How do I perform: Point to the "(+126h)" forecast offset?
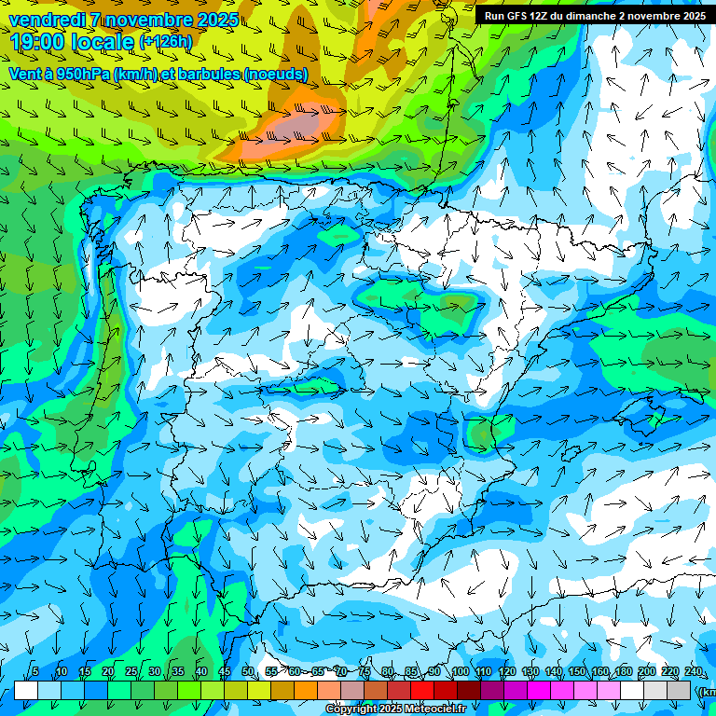click(x=165, y=42)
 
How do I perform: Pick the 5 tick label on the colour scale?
click(x=35, y=672)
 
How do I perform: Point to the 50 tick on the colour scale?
click(x=248, y=672)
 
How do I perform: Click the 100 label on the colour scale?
click(x=460, y=672)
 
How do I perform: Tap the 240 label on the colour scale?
click(x=693, y=672)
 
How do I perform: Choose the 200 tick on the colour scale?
click(x=646, y=672)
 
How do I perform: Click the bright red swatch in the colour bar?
click(x=422, y=690)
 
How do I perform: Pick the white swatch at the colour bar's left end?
click(x=26, y=690)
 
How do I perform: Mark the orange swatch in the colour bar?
click(x=306, y=690)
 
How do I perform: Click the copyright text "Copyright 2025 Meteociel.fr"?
click(x=396, y=709)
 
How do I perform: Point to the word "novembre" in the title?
click(x=156, y=20)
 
